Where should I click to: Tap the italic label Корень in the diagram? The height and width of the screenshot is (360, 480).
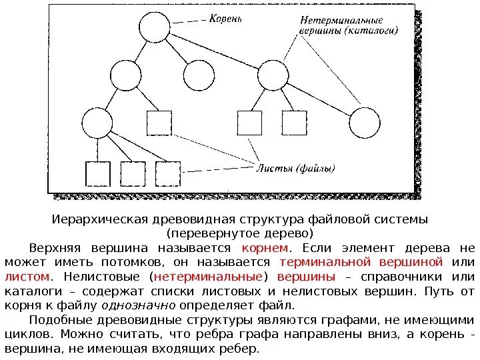point(225,19)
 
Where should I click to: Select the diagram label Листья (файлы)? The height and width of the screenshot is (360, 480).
point(295,168)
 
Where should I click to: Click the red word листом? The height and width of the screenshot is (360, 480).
point(27,275)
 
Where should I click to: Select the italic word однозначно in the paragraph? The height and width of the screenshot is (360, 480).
point(138,305)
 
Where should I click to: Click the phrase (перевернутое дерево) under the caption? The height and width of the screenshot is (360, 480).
point(239,233)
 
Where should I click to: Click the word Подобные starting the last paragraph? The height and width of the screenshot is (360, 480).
point(55,319)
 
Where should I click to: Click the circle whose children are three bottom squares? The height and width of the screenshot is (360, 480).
point(96,123)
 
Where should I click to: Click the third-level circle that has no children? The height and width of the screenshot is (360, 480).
point(363,123)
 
